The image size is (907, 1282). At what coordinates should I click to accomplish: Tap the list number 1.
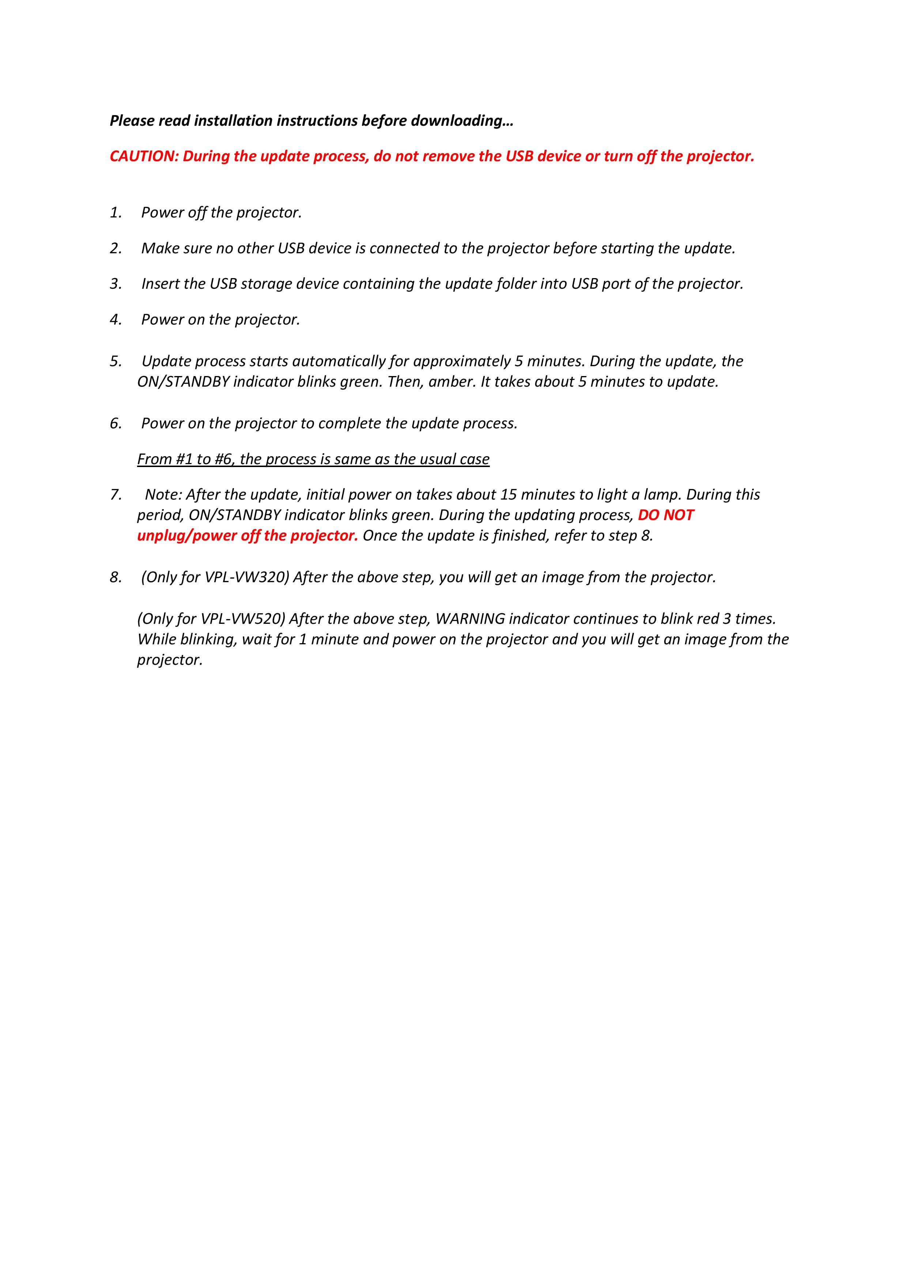[x=115, y=213]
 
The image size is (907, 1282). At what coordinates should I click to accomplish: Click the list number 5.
[x=115, y=361]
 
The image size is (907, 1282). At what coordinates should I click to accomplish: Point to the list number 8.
[x=115, y=577]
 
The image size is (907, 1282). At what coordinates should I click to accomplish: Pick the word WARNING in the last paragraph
[x=470, y=619]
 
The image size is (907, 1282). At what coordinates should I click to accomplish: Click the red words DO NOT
[x=666, y=515]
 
